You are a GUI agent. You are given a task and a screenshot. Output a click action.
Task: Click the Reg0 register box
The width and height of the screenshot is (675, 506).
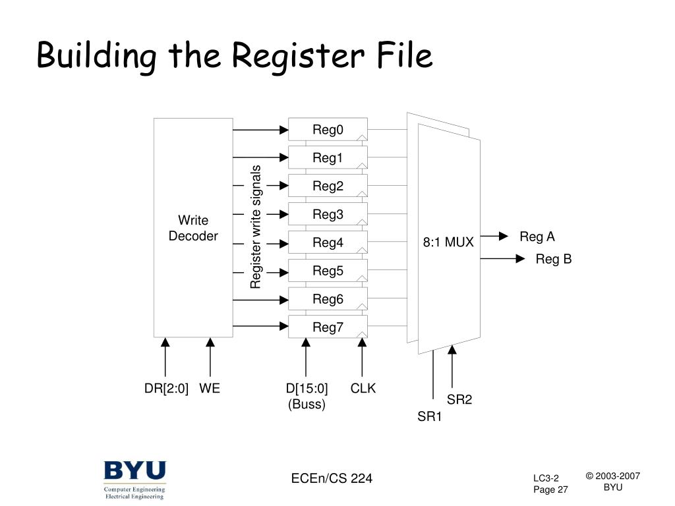click(328, 129)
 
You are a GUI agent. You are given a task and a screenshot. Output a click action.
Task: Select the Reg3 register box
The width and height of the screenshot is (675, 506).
click(328, 214)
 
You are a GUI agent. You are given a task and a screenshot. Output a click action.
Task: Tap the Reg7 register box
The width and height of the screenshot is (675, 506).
click(328, 327)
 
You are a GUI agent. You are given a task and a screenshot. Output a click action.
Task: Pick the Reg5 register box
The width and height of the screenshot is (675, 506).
click(328, 271)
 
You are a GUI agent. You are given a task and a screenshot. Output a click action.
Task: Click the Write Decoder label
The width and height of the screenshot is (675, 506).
click(193, 228)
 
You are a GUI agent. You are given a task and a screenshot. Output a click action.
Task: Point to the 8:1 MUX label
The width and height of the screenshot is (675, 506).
click(448, 242)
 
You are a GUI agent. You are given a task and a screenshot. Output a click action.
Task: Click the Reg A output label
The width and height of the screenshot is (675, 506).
click(537, 237)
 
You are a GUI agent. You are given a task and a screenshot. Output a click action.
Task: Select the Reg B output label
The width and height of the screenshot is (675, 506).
click(553, 260)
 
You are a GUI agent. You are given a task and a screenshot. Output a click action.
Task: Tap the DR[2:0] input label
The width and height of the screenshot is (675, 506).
click(166, 389)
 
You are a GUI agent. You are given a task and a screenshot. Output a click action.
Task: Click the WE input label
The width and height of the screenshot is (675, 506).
click(210, 389)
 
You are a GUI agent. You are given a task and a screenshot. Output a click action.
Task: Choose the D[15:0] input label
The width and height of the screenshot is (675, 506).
click(307, 389)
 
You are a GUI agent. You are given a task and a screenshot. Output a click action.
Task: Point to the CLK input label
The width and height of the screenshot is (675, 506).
click(363, 389)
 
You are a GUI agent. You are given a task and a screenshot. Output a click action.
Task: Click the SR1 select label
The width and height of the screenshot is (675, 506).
click(430, 416)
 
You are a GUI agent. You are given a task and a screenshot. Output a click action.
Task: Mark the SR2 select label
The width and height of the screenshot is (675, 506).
click(459, 399)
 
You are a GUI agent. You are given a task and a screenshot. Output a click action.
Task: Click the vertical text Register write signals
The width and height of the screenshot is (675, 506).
click(256, 227)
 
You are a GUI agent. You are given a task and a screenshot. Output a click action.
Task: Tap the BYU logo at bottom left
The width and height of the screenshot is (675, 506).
click(134, 472)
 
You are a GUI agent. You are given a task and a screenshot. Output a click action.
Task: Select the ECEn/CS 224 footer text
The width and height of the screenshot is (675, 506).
click(332, 478)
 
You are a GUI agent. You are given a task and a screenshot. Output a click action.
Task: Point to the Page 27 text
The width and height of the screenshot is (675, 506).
click(550, 490)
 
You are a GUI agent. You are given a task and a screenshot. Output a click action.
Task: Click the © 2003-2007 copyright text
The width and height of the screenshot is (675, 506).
click(613, 476)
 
